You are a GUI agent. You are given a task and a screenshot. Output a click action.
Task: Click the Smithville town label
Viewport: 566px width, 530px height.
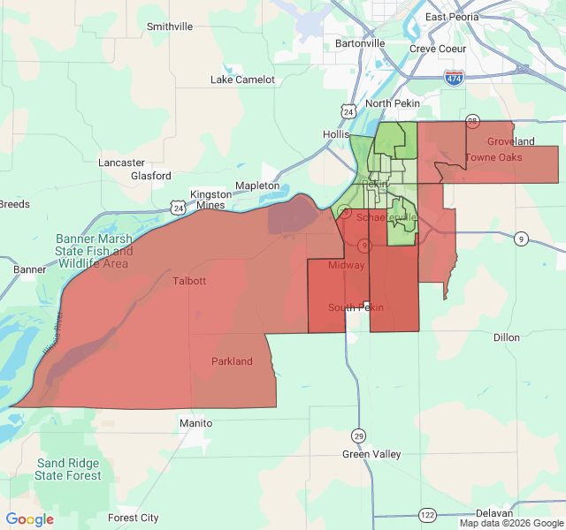click(169, 26)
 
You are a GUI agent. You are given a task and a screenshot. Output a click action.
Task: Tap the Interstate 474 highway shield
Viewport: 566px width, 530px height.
click(454, 79)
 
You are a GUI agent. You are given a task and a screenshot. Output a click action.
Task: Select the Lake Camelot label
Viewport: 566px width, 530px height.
click(242, 79)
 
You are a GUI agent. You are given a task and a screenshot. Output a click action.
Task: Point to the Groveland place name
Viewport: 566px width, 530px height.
click(510, 141)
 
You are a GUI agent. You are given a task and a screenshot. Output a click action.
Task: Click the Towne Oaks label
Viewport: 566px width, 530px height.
click(493, 157)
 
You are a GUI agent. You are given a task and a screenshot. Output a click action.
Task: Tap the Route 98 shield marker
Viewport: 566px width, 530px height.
click(472, 120)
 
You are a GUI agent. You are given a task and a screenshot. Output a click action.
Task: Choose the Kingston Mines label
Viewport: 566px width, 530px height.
click(209, 200)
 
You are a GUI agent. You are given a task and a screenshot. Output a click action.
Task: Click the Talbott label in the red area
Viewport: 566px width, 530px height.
click(189, 281)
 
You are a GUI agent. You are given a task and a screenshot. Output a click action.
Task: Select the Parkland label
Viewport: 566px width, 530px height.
click(232, 361)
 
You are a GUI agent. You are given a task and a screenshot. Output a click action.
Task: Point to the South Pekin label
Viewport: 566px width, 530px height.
click(356, 307)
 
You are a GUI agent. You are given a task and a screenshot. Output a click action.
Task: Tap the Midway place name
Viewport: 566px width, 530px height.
click(346, 265)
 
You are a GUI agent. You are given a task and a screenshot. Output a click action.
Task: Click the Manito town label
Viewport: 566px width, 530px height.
click(195, 423)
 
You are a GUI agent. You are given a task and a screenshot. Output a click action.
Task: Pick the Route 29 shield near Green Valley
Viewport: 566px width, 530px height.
click(358, 435)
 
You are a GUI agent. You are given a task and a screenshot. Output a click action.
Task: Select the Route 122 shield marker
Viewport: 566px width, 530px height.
click(428, 514)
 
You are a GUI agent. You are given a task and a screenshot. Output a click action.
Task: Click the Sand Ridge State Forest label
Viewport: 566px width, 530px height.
click(68, 469)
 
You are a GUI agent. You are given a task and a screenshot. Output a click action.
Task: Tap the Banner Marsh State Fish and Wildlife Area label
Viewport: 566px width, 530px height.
click(94, 251)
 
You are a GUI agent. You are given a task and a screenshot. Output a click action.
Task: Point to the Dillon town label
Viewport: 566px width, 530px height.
click(507, 337)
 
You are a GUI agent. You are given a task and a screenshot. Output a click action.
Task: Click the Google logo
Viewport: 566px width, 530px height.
click(30, 519)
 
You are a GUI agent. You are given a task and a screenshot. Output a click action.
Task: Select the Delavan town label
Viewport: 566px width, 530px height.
click(493, 513)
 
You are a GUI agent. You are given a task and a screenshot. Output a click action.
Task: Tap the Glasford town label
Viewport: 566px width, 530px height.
click(151, 176)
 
